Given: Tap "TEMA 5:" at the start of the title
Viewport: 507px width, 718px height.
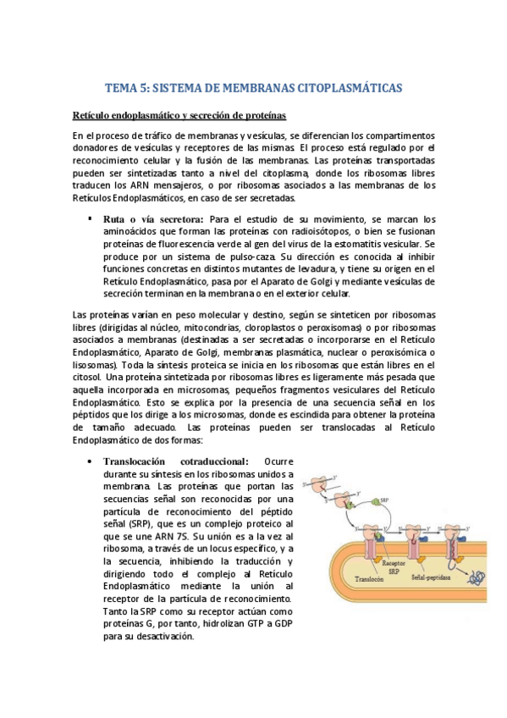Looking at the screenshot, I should tap(123, 87).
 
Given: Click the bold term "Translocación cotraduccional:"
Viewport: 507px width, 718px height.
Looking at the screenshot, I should tap(175, 461).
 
